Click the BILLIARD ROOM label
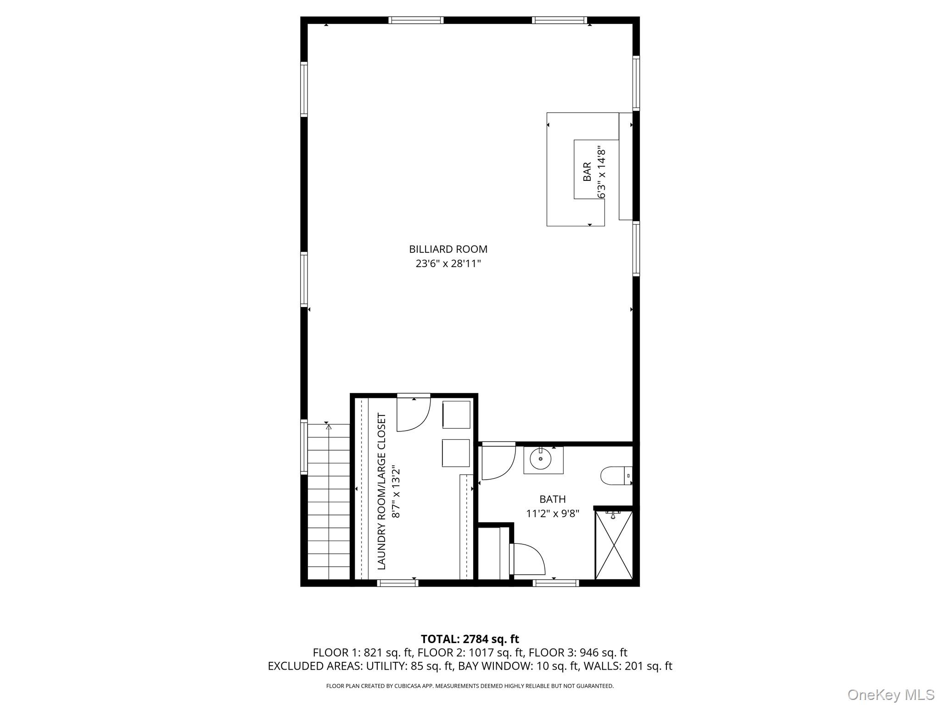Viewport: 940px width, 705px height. [448, 249]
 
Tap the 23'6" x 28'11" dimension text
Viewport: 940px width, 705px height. [448, 264]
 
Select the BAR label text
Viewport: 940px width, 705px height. [587, 172]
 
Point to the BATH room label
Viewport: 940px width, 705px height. [552, 499]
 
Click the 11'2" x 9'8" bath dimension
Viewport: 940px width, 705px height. [552, 513]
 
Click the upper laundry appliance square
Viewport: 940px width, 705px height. [456, 414]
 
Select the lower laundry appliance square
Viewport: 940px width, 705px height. [456, 453]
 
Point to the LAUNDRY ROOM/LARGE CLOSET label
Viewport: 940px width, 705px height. [381, 491]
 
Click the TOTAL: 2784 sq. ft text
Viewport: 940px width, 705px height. [470, 639]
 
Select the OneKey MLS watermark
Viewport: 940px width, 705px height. [890, 694]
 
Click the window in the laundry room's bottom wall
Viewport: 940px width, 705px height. [397, 583]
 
